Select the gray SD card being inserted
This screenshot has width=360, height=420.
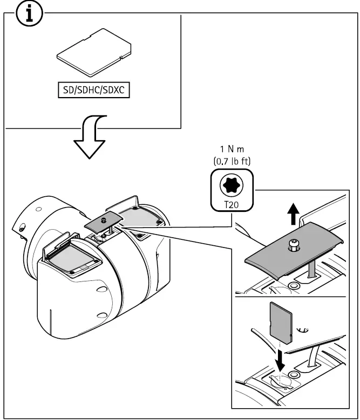click(280, 322)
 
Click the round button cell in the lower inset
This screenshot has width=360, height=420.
click(295, 374)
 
